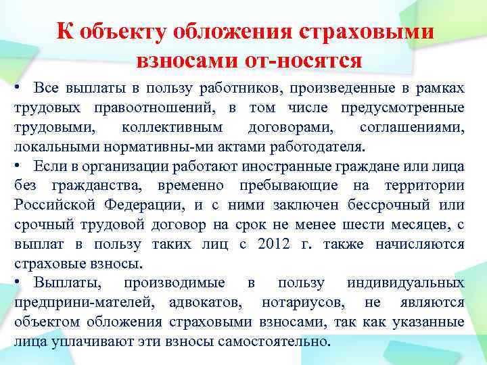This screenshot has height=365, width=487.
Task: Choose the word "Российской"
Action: [48, 205]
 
